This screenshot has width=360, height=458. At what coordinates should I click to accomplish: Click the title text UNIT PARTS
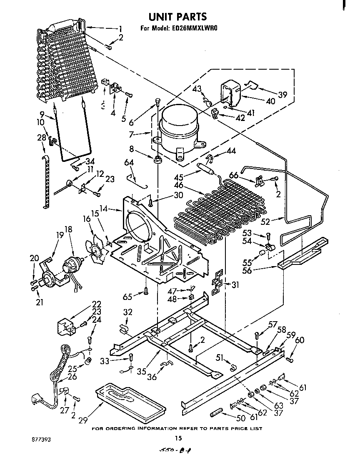[177, 17]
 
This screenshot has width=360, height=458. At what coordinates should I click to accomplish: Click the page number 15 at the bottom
[178, 438]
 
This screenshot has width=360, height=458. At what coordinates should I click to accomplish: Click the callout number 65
[128, 297]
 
